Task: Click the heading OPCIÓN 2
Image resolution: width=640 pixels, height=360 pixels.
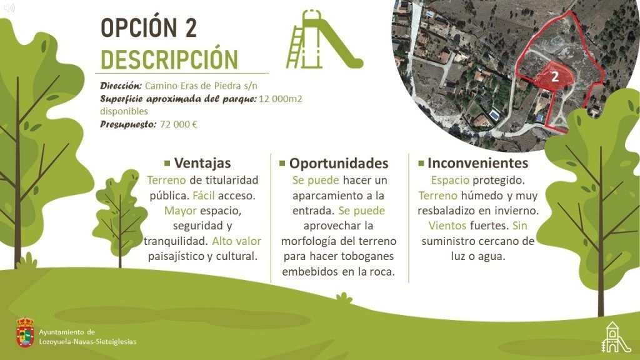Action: (149, 27)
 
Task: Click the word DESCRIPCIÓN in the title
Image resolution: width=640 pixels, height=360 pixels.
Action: (169, 59)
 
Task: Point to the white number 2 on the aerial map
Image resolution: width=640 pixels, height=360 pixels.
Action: (555, 76)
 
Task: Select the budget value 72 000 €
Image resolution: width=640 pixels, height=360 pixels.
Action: (178, 124)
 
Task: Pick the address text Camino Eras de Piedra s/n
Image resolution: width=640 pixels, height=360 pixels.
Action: (201, 86)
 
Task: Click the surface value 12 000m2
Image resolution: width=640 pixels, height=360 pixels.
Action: (281, 99)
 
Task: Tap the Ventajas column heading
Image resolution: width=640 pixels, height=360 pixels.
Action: (202, 163)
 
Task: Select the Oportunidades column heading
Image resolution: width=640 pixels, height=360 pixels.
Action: (339, 163)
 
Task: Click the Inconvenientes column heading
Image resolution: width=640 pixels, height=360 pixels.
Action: (477, 163)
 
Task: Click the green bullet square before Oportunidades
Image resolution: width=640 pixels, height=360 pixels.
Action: (282, 164)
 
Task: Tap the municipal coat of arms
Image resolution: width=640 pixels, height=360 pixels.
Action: (25, 332)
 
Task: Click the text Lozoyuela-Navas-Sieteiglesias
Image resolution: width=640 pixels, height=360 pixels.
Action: (87, 342)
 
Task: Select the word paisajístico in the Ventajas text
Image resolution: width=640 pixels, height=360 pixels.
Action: (175, 256)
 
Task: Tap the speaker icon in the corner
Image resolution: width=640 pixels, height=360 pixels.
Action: (9, 7)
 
